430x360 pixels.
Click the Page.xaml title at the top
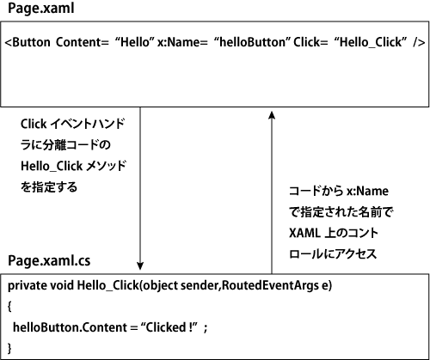click(x=41, y=9)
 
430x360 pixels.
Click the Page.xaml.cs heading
click(x=49, y=261)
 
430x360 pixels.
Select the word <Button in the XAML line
click(x=28, y=42)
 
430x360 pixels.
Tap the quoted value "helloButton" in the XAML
click(x=252, y=42)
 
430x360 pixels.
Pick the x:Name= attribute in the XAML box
click(x=182, y=42)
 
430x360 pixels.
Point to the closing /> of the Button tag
click(x=419, y=42)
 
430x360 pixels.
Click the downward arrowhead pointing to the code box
click(x=140, y=265)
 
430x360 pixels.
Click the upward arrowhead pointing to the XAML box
click(x=272, y=115)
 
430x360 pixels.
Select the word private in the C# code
click(x=28, y=286)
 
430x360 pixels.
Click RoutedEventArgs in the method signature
click(x=270, y=285)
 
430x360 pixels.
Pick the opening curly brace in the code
click(x=9, y=307)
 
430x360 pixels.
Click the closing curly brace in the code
click(x=9, y=348)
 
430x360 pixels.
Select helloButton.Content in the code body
click(x=70, y=327)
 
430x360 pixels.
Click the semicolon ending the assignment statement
click(x=206, y=328)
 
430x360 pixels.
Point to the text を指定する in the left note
click(x=49, y=187)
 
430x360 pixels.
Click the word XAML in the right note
click(x=304, y=233)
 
